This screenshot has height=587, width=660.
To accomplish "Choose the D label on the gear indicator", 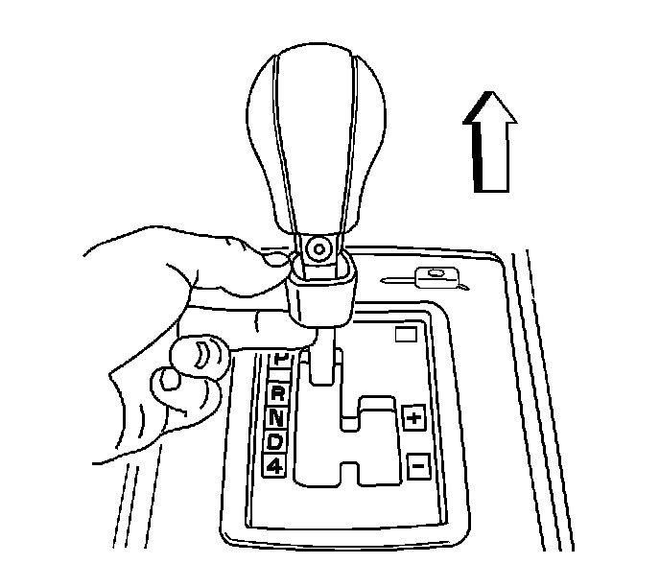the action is coord(275,442).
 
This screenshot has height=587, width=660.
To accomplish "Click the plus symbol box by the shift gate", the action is coord(414,417).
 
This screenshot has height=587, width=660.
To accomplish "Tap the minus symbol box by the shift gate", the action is coord(416,467).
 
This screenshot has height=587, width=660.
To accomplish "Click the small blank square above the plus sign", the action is coord(405,335).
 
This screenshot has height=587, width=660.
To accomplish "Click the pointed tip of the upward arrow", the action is coord(489,93).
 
